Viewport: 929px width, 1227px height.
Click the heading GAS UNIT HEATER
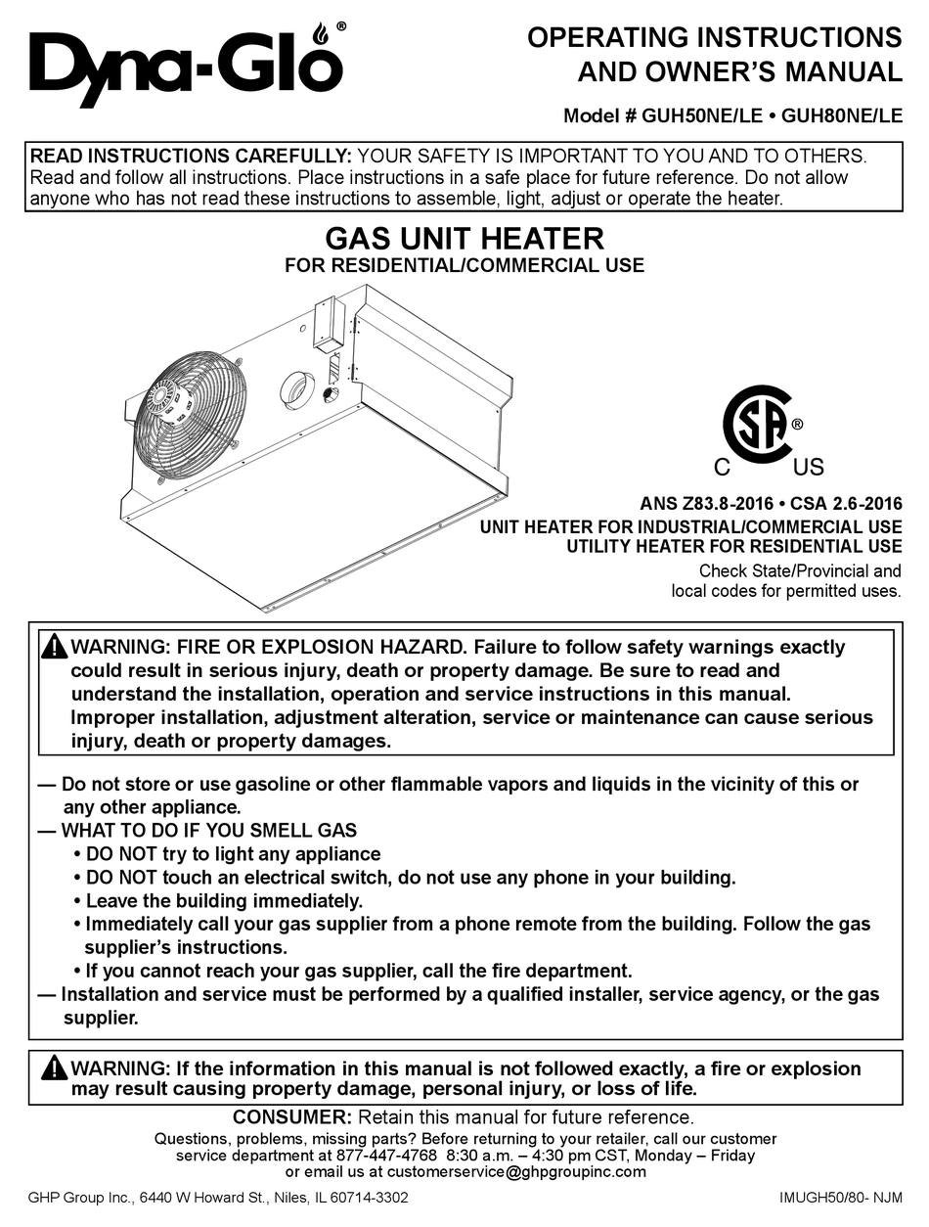click(x=464, y=238)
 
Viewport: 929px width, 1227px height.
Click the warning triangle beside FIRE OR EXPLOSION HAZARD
click(x=55, y=647)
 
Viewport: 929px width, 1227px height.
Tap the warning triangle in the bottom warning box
click(x=55, y=1068)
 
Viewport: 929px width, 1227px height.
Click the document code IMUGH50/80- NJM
click(x=840, y=1198)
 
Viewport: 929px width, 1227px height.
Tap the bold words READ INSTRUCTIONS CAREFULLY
click(x=191, y=156)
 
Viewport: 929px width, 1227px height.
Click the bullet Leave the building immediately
click(x=224, y=900)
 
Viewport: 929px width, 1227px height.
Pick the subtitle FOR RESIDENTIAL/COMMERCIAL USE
click(x=464, y=265)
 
